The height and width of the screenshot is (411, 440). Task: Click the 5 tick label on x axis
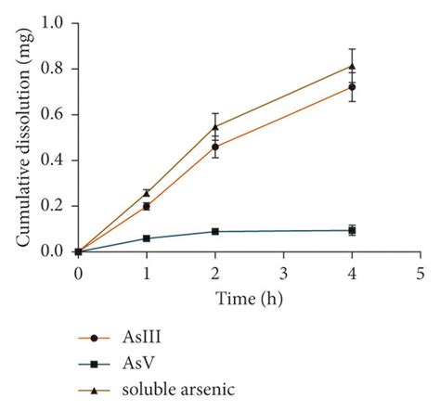(x=420, y=273)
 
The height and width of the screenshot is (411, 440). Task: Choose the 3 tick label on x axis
(x=283, y=273)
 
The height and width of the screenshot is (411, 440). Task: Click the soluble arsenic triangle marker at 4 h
(x=352, y=66)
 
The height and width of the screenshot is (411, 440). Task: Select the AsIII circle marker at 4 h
(x=352, y=87)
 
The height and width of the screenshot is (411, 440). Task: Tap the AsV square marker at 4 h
(x=352, y=230)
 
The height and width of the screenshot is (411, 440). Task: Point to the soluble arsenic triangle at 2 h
(x=215, y=126)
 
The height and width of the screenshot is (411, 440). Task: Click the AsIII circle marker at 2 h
(x=215, y=147)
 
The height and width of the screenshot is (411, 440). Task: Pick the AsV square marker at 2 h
(x=215, y=231)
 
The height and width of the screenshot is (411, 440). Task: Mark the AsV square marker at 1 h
(x=147, y=238)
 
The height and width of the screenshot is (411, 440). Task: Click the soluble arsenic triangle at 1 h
(x=147, y=193)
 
